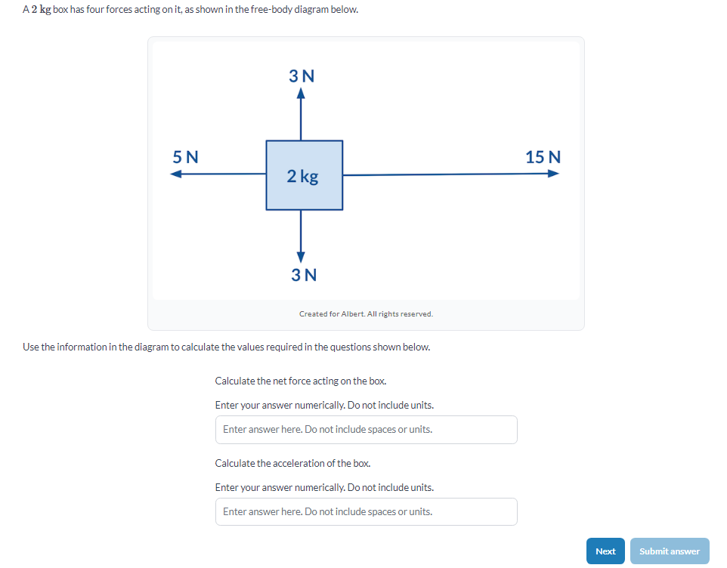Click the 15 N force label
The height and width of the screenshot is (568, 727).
coord(543,157)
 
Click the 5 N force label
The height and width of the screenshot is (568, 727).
coord(185,157)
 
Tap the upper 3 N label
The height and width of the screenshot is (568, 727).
coord(302,76)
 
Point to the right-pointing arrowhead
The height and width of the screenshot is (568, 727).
coord(554,174)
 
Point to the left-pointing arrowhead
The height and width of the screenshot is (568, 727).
coord(176,174)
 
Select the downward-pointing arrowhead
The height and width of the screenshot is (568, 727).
coord(301,255)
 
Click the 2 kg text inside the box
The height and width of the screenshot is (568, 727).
coord(303,176)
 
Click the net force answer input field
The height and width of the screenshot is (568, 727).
coord(366,430)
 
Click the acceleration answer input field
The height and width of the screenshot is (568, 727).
coord(366,512)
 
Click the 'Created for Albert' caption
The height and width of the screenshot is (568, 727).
coord(366,313)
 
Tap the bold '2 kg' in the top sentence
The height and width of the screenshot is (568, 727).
coord(41,10)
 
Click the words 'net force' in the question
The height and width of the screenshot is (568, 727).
coord(278,381)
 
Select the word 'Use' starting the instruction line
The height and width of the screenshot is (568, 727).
coord(30,347)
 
